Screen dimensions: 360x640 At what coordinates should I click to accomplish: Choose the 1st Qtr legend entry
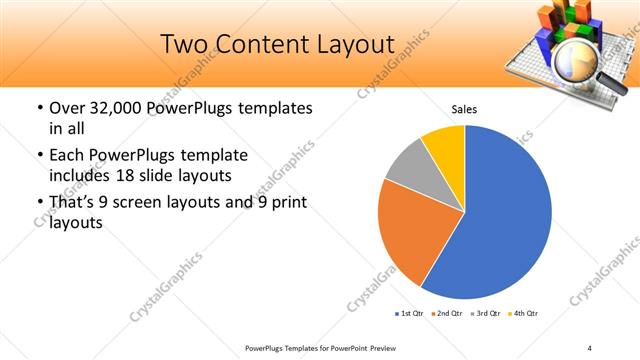coord(409,314)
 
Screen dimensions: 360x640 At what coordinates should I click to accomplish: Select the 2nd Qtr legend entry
coord(445,314)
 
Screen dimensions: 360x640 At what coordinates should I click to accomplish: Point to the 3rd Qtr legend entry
coord(484,314)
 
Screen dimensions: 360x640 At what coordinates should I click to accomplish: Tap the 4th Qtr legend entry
coord(522,314)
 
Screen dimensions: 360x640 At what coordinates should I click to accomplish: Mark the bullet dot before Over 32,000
coord(39,108)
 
